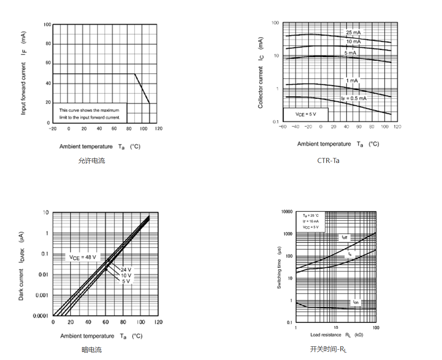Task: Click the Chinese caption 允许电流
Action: (91, 161)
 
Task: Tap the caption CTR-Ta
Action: (328, 160)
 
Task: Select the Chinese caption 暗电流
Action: (91, 350)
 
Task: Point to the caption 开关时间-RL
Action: (328, 349)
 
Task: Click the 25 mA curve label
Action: (353, 32)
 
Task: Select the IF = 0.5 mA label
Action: (354, 98)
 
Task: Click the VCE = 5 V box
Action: (306, 114)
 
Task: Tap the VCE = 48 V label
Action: (83, 257)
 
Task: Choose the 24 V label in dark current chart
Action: (125, 269)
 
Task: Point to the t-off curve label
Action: (344, 237)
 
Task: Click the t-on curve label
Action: (356, 302)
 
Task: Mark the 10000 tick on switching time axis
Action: (287, 212)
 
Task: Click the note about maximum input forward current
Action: (89, 114)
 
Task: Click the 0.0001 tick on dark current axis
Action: (41, 316)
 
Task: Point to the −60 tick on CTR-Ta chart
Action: (282, 126)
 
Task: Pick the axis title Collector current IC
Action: (261, 73)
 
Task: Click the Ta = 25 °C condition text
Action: (310, 215)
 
